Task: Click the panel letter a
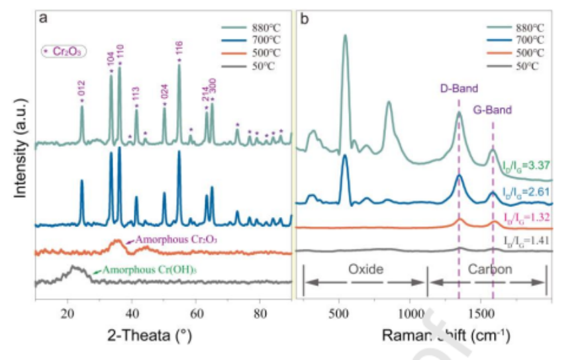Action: tap(42, 19)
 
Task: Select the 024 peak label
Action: tap(165, 94)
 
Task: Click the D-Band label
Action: tap(459, 88)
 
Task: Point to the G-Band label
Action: tap(493, 109)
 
